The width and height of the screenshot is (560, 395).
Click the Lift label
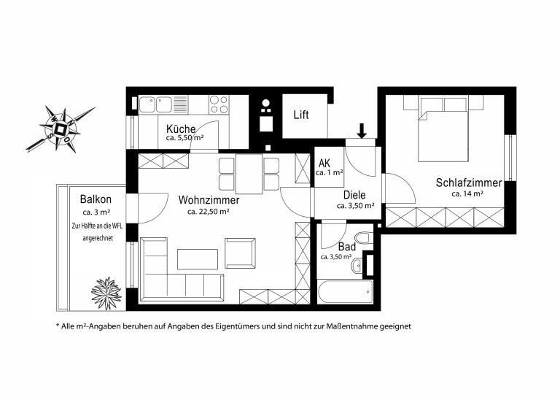point(301,115)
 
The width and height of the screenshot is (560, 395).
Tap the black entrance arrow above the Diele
point(362,131)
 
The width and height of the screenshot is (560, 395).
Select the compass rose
point(61,129)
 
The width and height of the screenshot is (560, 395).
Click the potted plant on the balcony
point(106,293)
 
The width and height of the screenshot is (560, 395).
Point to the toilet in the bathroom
point(364,239)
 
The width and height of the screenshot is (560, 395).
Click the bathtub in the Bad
point(345,292)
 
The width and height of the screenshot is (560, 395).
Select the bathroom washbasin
point(357,266)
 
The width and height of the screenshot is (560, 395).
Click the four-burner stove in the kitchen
point(219,104)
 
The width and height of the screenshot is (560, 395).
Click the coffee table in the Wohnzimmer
point(198,259)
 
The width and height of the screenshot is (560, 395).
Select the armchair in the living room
point(240,253)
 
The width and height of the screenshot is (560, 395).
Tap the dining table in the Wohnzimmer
point(249,174)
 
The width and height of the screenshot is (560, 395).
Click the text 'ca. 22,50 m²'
point(209,212)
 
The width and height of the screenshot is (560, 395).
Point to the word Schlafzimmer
point(469,183)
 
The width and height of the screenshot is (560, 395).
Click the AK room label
point(324,164)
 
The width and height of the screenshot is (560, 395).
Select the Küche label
point(181,129)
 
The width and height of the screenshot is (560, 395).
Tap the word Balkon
point(96,199)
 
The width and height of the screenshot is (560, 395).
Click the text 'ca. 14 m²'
point(467,194)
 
